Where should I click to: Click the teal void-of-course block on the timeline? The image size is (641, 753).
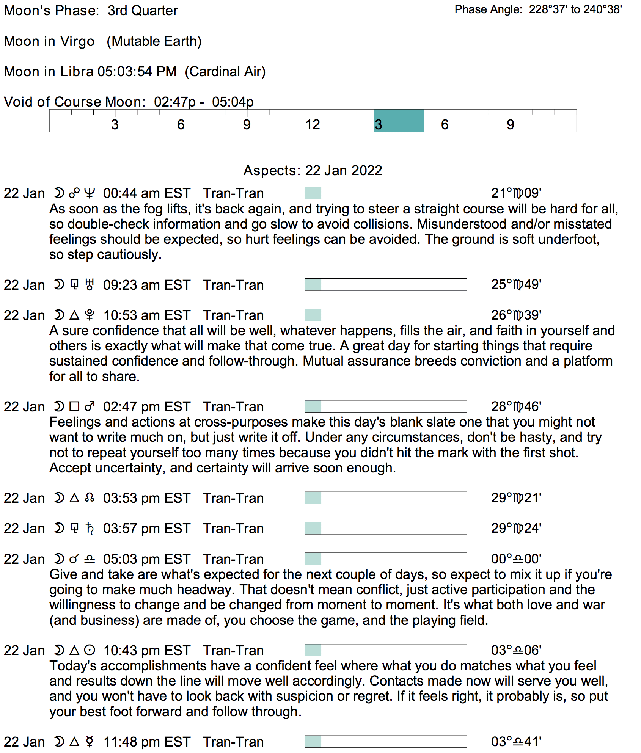399,121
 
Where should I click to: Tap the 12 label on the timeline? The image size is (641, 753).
313,124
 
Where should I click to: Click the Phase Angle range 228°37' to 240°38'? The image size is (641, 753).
575,9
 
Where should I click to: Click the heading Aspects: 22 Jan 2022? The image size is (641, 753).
313,171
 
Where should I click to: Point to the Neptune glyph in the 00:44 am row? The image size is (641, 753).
89,193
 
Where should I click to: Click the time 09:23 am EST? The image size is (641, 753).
146,285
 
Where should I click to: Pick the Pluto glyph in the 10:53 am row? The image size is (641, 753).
90,315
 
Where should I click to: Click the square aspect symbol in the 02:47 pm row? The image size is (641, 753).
74,407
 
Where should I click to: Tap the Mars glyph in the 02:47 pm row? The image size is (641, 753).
90,407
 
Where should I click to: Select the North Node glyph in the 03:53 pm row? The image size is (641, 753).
90,498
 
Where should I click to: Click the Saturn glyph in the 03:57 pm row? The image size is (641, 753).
90,529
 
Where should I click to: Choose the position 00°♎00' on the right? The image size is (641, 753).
516,559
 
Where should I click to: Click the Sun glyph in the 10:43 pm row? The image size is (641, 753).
90,651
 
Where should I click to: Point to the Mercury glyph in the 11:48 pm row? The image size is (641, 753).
90,742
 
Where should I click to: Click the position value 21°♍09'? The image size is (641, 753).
516,193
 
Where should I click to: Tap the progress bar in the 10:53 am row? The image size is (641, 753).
385,315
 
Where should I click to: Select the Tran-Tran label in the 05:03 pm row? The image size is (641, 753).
233,559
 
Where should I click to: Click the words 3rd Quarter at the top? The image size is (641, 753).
143,11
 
